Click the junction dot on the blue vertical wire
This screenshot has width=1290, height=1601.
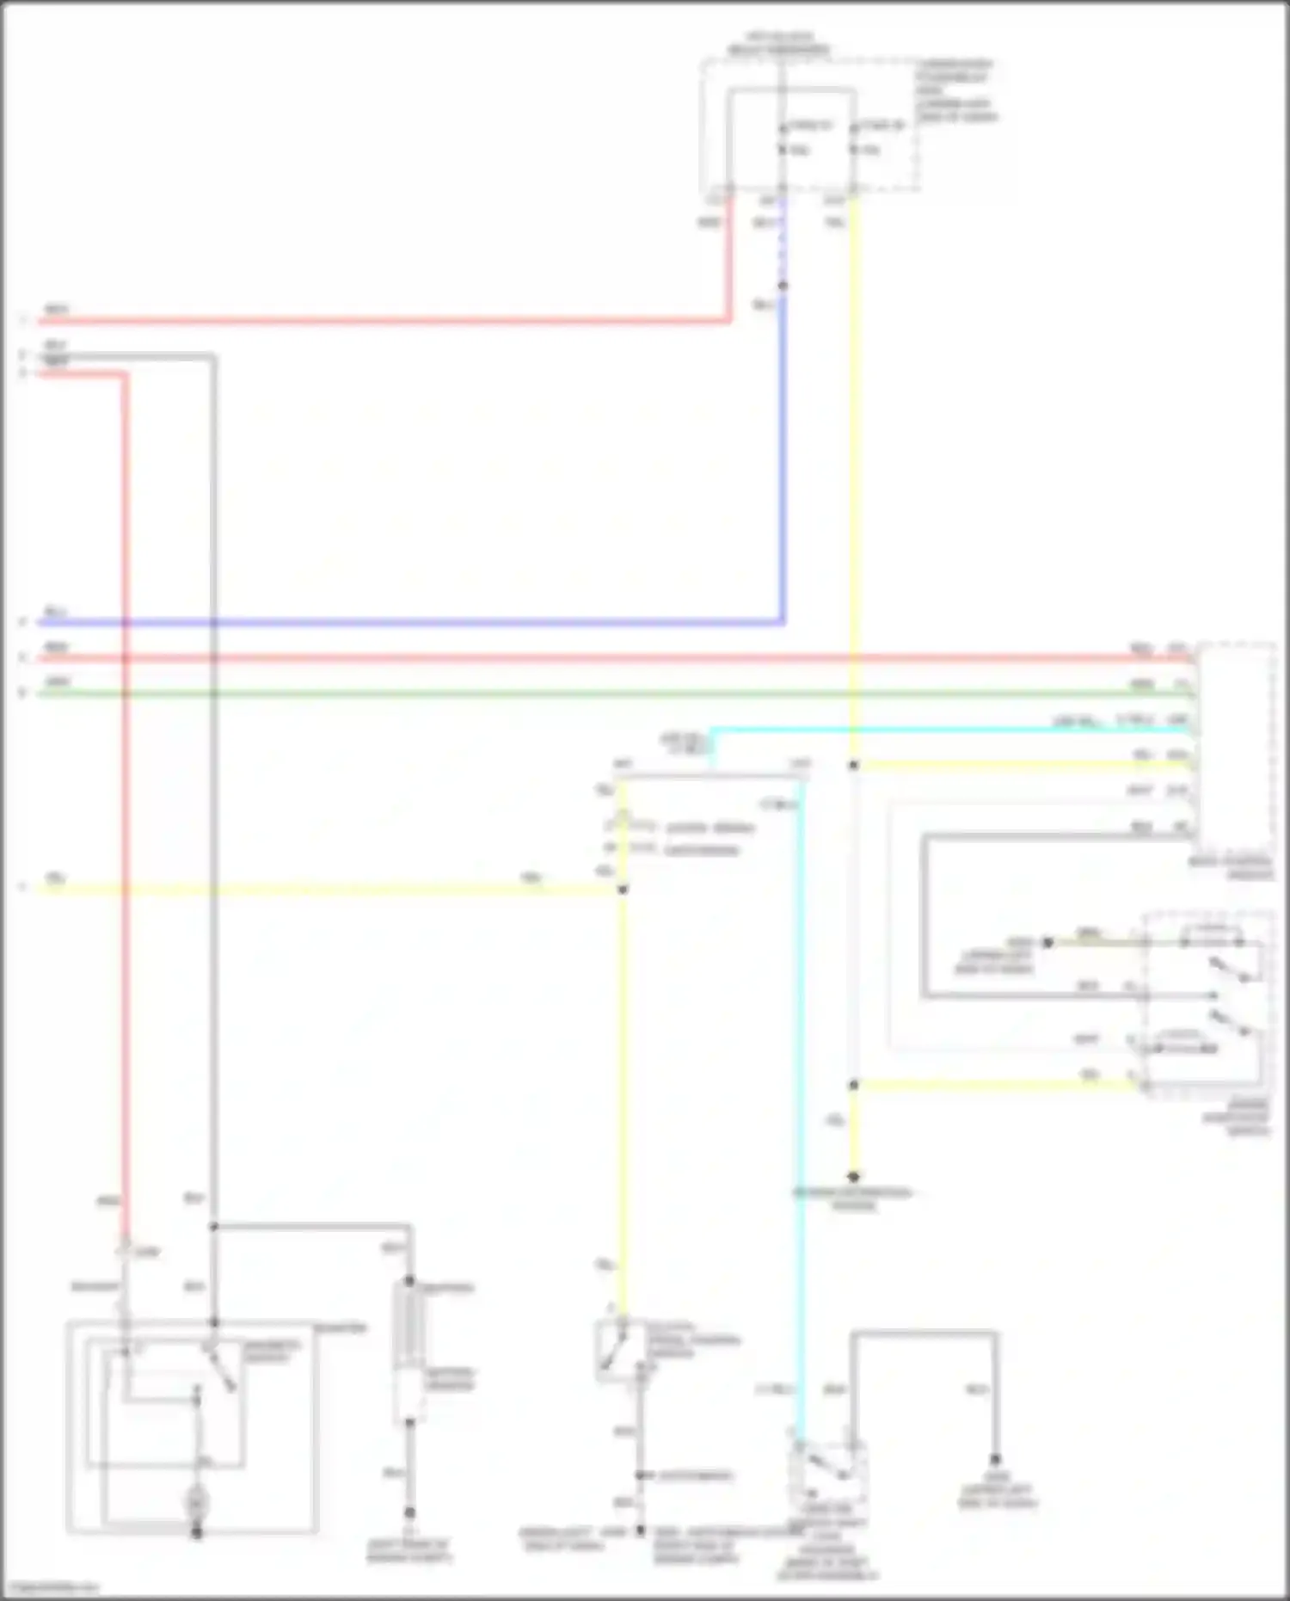pyautogui.click(x=782, y=286)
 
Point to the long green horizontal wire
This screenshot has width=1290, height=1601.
pyautogui.click(x=602, y=693)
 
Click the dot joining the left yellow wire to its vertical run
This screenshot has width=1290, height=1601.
pyautogui.click(x=623, y=889)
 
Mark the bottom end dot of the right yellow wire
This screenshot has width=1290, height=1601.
pyautogui.click(x=853, y=1176)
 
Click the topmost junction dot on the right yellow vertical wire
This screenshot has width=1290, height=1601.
pyautogui.click(x=853, y=765)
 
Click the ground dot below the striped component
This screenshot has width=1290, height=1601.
pyautogui.click(x=409, y=1512)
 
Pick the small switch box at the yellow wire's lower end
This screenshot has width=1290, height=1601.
pyautogui.click(x=621, y=1350)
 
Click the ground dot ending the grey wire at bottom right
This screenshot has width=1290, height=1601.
pyautogui.click(x=995, y=1460)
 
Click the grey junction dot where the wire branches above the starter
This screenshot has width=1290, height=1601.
pyautogui.click(x=213, y=1226)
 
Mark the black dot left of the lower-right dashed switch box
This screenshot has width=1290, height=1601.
pyautogui.click(x=1047, y=942)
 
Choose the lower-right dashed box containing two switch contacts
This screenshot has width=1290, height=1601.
pyautogui.click(x=1208, y=1005)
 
